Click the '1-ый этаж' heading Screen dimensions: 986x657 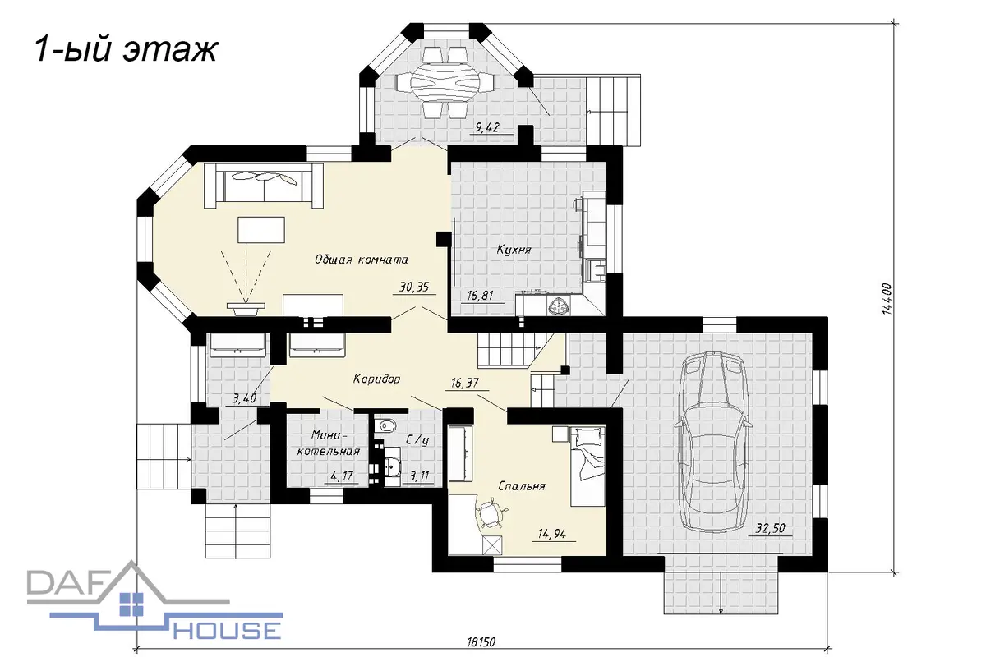[126, 50]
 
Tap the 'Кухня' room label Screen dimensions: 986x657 [514, 250]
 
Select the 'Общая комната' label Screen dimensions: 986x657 [361, 260]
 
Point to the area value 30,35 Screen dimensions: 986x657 [414, 287]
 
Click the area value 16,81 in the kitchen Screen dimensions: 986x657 [480, 296]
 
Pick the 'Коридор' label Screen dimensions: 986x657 [377, 379]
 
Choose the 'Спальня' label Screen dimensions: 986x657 [522, 486]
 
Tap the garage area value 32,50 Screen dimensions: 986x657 [771, 528]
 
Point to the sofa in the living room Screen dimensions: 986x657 [263, 186]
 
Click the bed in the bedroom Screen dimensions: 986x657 [587, 466]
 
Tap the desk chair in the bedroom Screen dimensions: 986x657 [491, 512]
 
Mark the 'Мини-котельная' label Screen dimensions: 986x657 [329, 443]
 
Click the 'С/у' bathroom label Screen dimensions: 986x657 [417, 440]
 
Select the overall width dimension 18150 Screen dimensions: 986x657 [481, 641]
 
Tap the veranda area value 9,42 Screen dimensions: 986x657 [487, 127]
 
